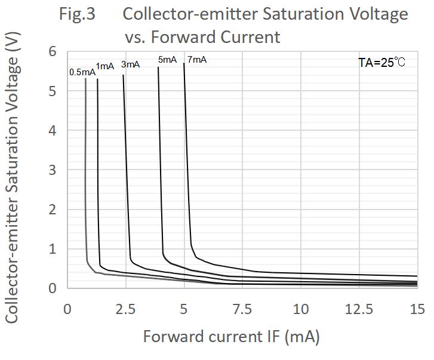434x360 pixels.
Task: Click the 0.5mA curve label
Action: pos(82,72)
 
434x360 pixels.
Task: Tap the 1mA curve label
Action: pos(104,66)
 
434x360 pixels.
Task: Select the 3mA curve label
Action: pos(130,64)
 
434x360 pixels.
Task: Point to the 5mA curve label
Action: pos(167,60)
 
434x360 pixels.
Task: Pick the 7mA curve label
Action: pos(197,60)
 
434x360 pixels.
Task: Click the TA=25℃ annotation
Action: pos(381,62)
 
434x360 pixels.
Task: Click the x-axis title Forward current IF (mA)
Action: pos(231,337)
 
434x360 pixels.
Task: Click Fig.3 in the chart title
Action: pos(77,14)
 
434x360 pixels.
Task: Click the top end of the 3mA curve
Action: pos(123,75)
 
